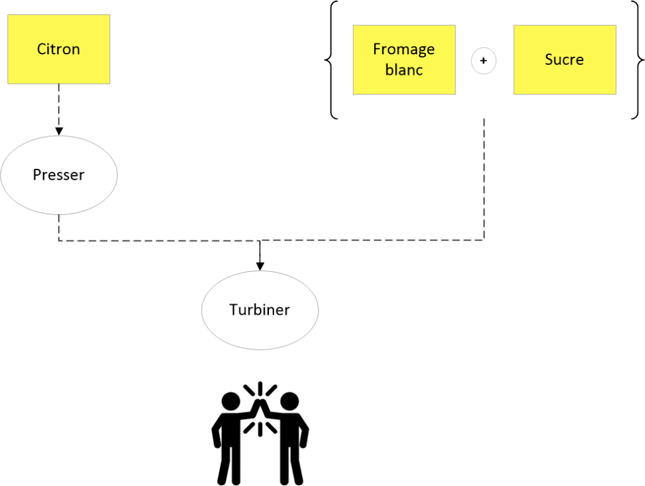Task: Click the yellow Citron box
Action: click(59, 49)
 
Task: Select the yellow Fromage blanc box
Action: click(404, 60)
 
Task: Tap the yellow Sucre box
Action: click(565, 60)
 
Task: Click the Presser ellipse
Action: click(59, 175)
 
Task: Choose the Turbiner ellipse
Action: click(260, 310)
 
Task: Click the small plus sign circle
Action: click(484, 61)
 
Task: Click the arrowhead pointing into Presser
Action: click(59, 131)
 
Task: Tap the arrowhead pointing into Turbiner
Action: click(260, 266)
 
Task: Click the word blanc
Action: click(404, 70)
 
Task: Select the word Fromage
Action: click(404, 49)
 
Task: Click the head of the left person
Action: click(231, 402)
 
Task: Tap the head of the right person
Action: click(289, 402)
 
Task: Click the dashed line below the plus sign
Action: click(484, 180)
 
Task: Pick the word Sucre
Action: click(564, 60)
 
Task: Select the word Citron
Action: click(59, 49)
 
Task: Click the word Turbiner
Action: click(260, 310)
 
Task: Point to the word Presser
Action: click(59, 175)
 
